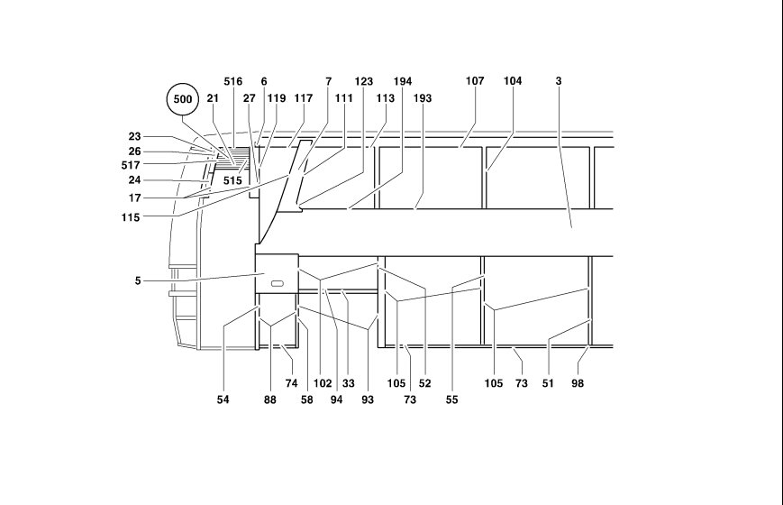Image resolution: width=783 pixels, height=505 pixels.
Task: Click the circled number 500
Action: (183, 99)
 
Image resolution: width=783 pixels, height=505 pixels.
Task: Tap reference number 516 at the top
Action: (232, 81)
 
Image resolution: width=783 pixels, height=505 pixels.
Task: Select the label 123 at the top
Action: (363, 81)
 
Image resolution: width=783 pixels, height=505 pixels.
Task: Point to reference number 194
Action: (403, 81)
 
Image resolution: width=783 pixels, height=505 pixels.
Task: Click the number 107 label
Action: (475, 81)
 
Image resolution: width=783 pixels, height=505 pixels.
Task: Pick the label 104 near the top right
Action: (513, 81)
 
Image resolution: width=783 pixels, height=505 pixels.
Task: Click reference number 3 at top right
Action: (559, 81)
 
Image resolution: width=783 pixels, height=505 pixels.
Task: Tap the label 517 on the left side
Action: (131, 165)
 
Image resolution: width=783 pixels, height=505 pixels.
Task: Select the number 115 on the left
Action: (131, 217)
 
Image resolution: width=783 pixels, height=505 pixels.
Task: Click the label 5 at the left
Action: (138, 281)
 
